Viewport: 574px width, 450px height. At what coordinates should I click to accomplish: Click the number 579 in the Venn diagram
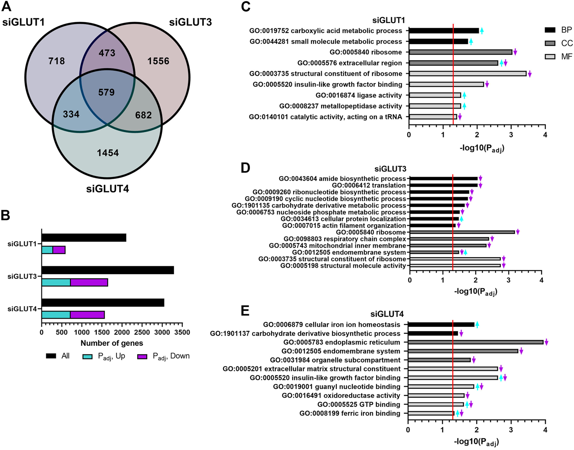pos(107,92)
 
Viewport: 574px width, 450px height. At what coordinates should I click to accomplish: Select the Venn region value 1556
pos(158,61)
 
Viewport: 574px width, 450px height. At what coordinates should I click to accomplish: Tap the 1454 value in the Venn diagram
pos(108,153)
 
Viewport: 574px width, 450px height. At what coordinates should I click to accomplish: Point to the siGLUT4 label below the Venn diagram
pos(108,189)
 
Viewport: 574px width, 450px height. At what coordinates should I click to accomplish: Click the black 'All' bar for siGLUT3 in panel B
pos(108,270)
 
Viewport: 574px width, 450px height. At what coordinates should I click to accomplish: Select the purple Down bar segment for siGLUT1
pos(59,250)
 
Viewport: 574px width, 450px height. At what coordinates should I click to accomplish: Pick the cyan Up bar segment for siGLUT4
pos(56,315)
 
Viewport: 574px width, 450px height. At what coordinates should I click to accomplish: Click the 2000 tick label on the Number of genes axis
pos(122,332)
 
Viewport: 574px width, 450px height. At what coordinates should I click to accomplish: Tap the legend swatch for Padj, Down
pos(142,357)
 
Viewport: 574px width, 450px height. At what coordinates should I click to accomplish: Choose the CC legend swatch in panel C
pos(550,43)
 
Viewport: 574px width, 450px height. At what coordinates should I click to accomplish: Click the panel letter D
pos(246,168)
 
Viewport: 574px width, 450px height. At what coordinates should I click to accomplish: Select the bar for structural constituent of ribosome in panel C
pos(467,74)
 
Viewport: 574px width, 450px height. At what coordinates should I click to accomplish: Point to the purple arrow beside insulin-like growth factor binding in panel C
pos(487,84)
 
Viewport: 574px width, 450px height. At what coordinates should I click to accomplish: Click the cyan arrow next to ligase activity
pos(464,95)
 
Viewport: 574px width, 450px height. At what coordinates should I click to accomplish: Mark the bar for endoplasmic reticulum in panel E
pos(475,342)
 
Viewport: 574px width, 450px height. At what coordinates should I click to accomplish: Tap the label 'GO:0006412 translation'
pos(369,185)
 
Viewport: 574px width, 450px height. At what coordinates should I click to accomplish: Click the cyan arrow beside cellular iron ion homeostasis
pos(477,324)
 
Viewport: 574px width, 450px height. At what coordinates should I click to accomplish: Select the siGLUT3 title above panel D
pos(390,169)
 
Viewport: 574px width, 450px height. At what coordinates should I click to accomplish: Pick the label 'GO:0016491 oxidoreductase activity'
pos(341,395)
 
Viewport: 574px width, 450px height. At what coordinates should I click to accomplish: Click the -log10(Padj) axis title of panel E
pos(476,442)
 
